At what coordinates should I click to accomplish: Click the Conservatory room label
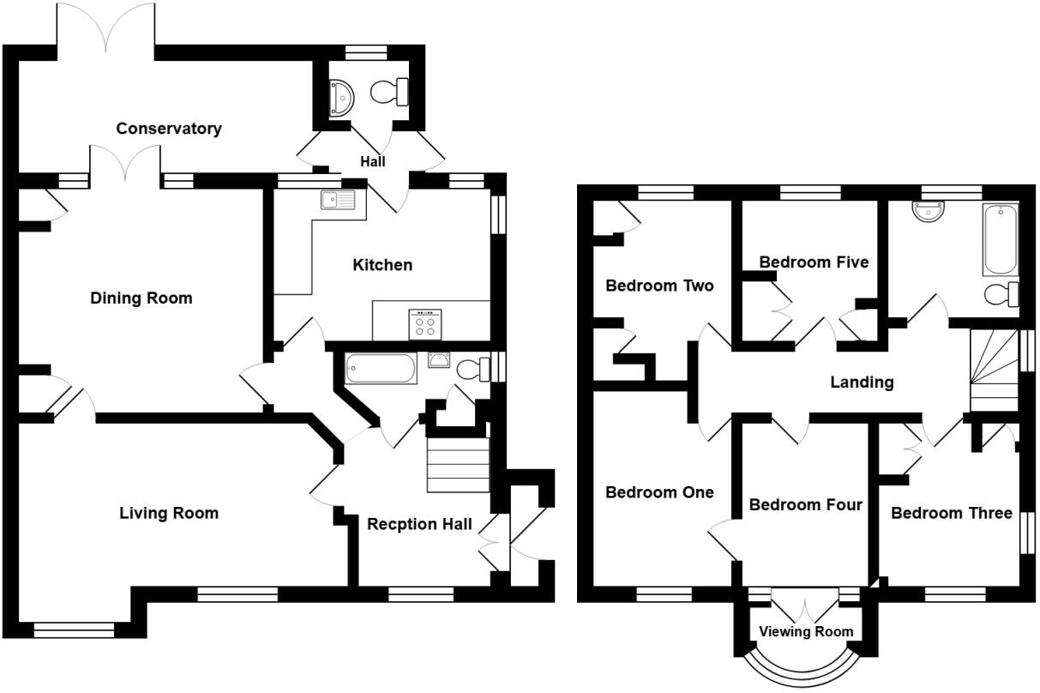[169, 129]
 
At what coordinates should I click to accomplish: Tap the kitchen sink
[338, 201]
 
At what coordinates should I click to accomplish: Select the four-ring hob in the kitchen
[425, 322]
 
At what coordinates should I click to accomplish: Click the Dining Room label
[141, 298]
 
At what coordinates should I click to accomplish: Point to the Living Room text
[169, 513]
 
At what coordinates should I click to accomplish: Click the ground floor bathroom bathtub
[381, 371]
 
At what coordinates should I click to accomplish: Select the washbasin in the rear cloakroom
[341, 96]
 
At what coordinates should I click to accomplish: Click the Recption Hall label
[419, 524]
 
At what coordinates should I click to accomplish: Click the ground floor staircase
[458, 465]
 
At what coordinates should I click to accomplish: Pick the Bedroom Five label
[814, 262]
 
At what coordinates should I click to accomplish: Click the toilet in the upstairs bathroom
[1001, 294]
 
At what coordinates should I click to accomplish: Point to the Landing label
[862, 383]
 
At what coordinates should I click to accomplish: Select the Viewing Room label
[806, 631]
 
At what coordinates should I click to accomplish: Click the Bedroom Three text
[952, 513]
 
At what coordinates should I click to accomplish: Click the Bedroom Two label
[659, 286]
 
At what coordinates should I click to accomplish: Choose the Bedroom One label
[659, 492]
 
